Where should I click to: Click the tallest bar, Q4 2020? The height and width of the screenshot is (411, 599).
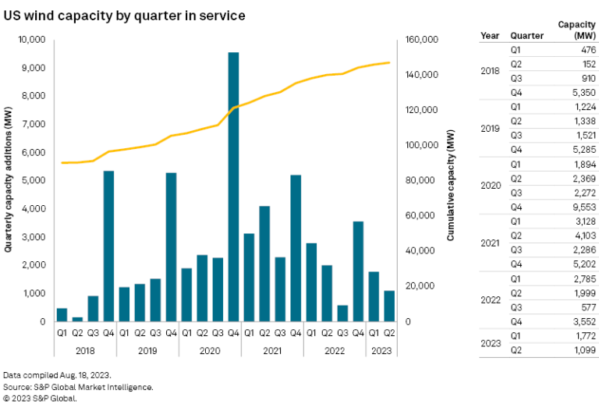click(233, 187)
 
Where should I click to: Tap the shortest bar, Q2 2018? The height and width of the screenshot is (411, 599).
click(77, 318)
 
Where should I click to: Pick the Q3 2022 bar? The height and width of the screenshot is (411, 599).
click(342, 313)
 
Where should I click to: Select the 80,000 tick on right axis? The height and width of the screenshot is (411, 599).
click(417, 181)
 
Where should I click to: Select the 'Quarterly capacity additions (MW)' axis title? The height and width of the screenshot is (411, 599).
click(9, 180)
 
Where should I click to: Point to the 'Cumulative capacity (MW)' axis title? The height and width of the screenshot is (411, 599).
click(451, 180)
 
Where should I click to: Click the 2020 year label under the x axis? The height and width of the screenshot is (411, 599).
click(210, 350)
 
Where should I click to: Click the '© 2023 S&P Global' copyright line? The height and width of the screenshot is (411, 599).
click(41, 398)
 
